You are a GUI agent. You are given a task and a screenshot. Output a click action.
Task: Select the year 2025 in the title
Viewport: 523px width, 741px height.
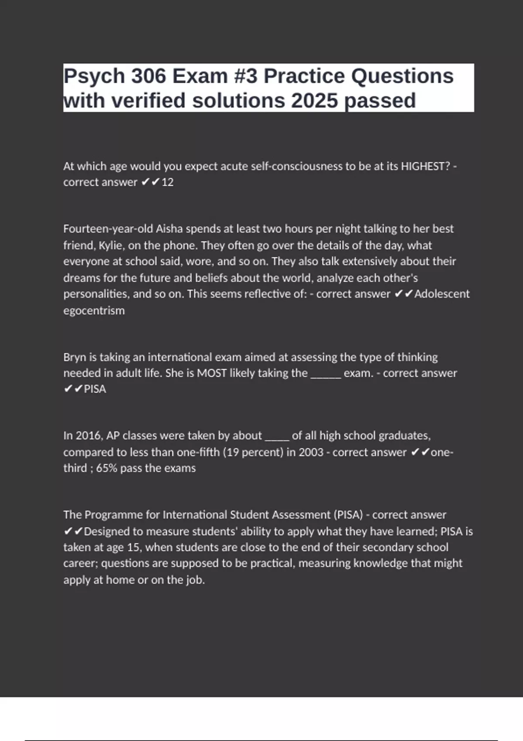[314, 101]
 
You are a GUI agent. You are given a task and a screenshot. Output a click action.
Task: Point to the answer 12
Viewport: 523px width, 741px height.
[167, 182]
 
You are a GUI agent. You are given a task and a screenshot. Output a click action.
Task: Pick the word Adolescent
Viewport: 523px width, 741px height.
[442, 294]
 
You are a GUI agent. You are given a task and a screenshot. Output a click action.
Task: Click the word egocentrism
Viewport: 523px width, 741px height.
[94, 311]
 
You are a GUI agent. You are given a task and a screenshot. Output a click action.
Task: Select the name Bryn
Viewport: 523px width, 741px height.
[75, 357]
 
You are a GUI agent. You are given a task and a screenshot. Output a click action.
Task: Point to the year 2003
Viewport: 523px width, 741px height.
[311, 452]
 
